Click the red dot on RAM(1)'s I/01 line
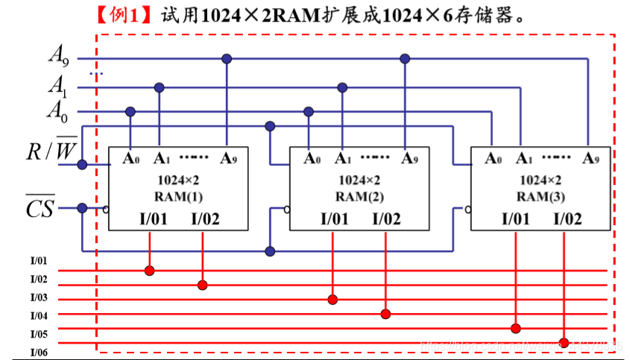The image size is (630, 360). point(150,270)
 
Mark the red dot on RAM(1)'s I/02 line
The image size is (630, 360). point(202,285)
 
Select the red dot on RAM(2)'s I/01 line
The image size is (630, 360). point(333,300)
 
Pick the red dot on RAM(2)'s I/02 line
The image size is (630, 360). point(385,314)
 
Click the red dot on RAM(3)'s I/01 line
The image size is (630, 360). point(516,328)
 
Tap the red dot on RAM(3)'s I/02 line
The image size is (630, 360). point(564,343)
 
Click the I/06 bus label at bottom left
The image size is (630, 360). point(39,352)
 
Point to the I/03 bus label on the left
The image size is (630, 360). point(39,297)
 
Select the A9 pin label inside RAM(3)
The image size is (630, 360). point(591,159)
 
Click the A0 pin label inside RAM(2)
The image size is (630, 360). point(312,158)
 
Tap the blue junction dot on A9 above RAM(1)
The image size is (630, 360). point(227,58)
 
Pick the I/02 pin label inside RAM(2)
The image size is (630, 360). point(386,218)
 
